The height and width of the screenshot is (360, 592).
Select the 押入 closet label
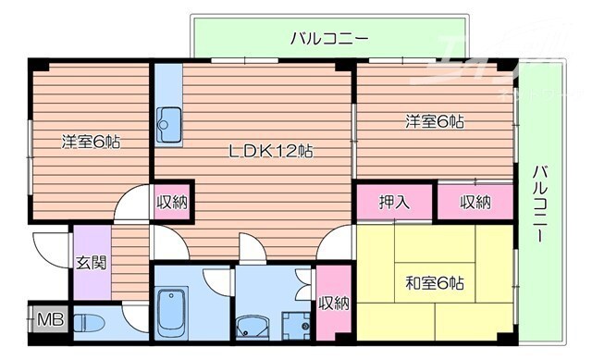(394, 203)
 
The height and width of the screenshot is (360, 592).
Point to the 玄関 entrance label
(91, 263)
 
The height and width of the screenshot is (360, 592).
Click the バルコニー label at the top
(329, 39)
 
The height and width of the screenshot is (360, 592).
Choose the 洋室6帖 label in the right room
(433, 121)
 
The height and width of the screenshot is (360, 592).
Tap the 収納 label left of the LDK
(171, 201)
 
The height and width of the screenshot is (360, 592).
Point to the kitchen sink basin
(170, 121)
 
